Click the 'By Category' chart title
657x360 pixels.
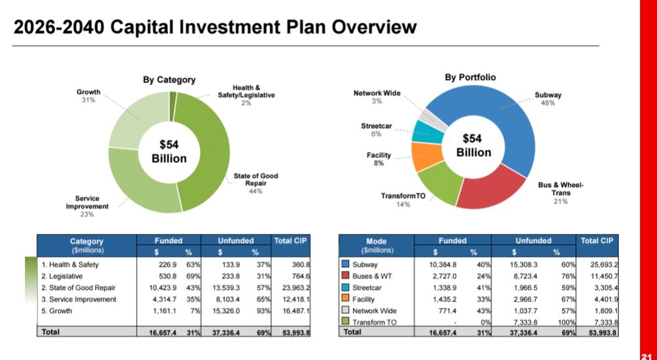click(x=170, y=79)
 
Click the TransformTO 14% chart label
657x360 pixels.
click(x=403, y=200)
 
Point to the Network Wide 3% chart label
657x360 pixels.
click(x=377, y=97)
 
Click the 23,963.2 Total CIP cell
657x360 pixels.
click(x=292, y=288)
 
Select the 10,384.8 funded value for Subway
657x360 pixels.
click(x=439, y=264)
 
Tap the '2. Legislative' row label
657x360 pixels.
click(x=64, y=276)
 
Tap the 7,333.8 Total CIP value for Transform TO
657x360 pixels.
click(x=601, y=322)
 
